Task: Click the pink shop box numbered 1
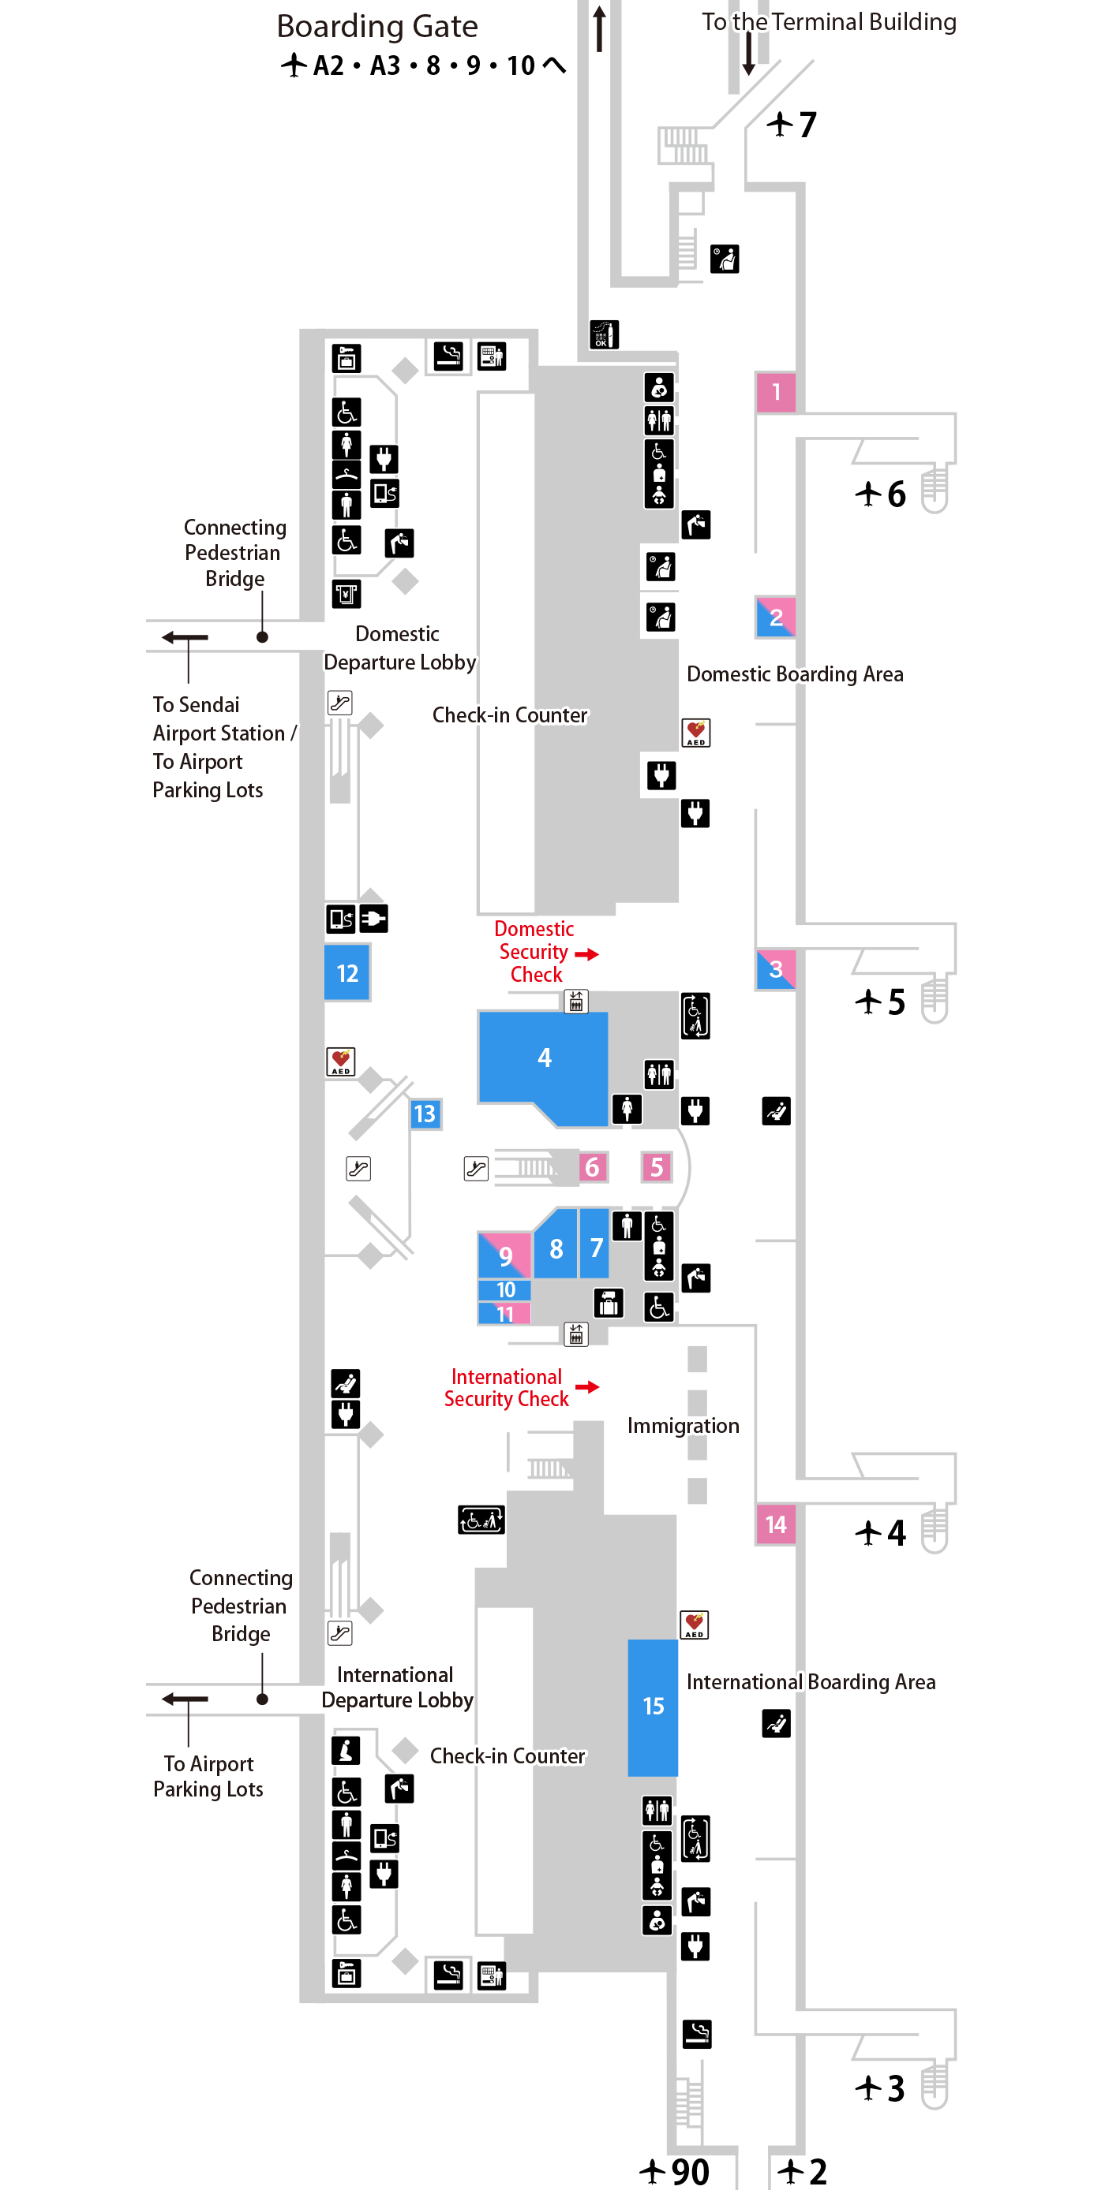pyautogui.click(x=775, y=392)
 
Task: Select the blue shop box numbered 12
pyautogui.click(x=347, y=972)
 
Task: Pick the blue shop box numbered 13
pyautogui.click(x=425, y=1114)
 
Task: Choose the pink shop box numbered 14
pyautogui.click(x=775, y=1524)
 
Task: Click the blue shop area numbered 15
pyautogui.click(x=653, y=1707)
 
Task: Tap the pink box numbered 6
pyautogui.click(x=592, y=1167)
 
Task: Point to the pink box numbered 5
pyautogui.click(x=656, y=1167)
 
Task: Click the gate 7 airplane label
pyautogui.click(x=791, y=125)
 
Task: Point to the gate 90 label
pyautogui.click(x=675, y=2172)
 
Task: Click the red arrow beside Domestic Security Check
pyautogui.click(x=587, y=954)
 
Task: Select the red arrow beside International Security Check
pyautogui.click(x=587, y=1387)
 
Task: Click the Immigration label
pyautogui.click(x=683, y=1426)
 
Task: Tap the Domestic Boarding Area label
pyautogui.click(x=796, y=674)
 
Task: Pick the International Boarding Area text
pyautogui.click(x=811, y=1682)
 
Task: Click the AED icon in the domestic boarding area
pyautogui.click(x=696, y=733)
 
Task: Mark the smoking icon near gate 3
pyautogui.click(x=697, y=2034)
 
